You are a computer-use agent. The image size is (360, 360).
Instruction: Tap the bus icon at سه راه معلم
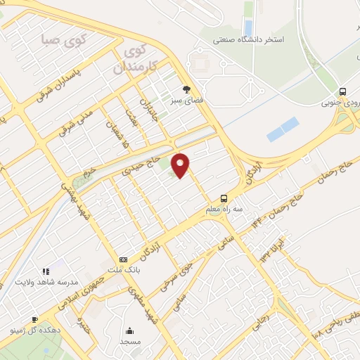224,198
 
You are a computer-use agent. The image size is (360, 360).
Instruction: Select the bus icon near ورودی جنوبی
342,91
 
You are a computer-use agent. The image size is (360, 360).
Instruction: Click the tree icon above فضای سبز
186,89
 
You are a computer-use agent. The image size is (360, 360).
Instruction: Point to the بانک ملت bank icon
124,259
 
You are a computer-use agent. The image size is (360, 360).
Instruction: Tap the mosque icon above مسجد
129,330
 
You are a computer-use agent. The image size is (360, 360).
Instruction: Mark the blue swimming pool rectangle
283,130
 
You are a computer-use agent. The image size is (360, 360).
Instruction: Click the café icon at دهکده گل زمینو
34,319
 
